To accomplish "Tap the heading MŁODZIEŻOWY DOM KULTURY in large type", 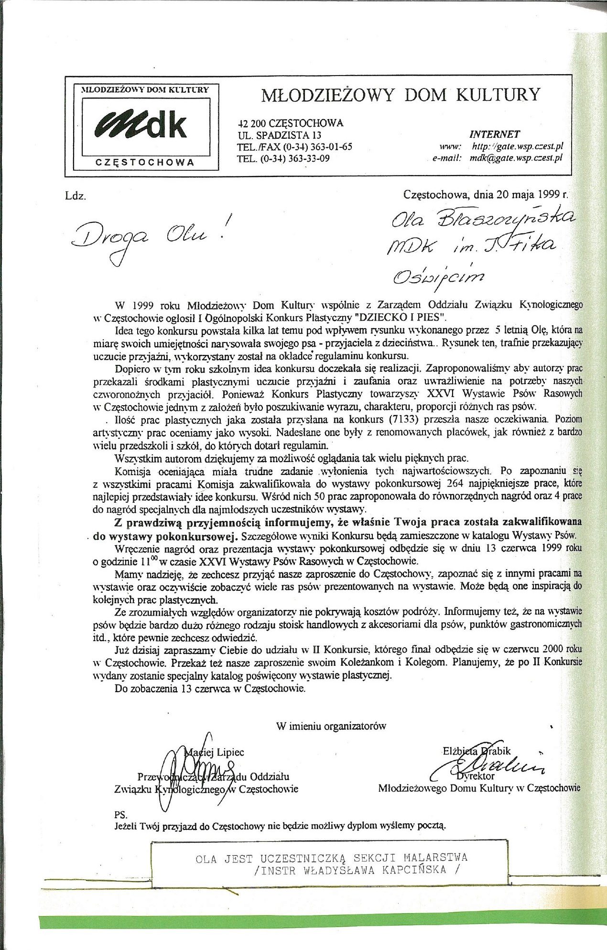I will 401,95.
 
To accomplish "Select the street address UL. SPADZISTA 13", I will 280,135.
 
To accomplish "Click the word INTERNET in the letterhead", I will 494,134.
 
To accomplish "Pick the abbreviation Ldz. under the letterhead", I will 76,196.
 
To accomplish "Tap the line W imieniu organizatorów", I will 331,726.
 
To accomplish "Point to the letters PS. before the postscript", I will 121,814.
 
